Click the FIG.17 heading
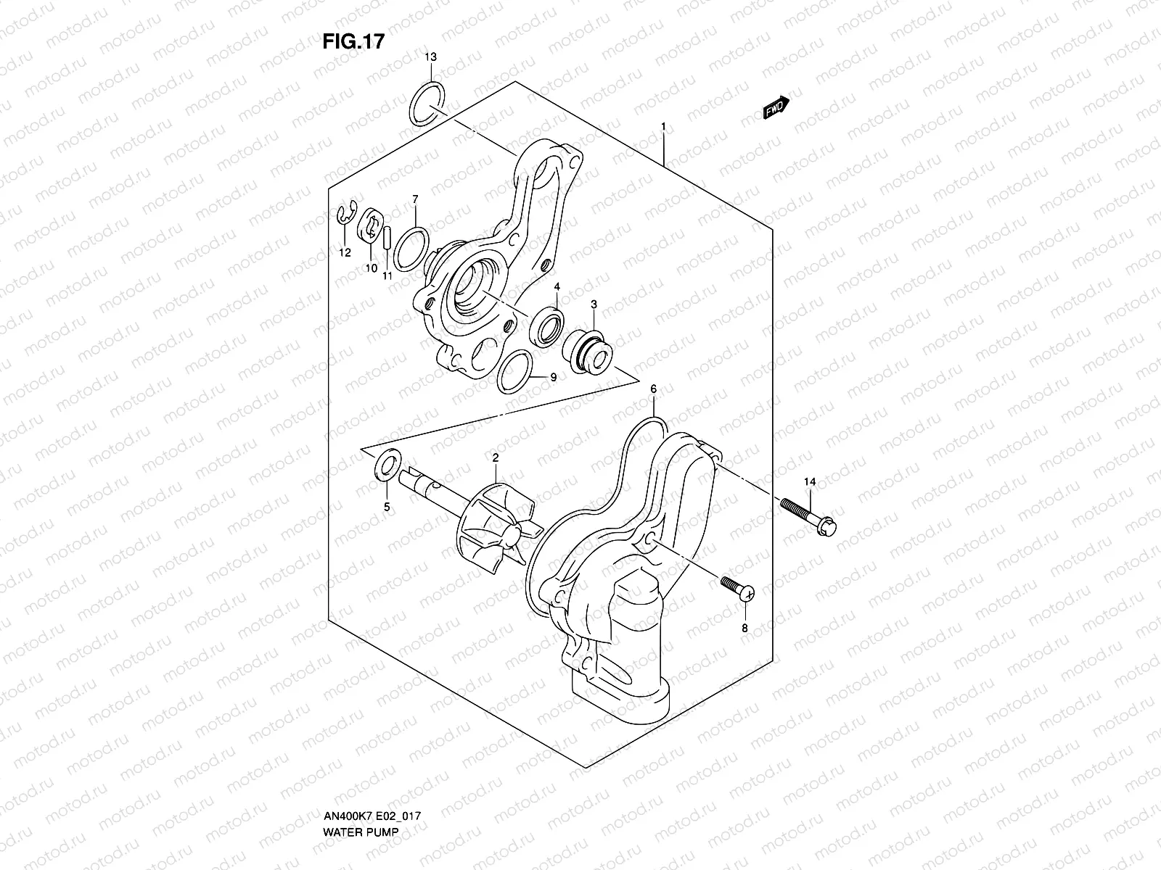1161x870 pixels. [353, 42]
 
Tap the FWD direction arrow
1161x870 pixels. [776, 107]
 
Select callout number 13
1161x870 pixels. [431, 57]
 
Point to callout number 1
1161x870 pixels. [663, 127]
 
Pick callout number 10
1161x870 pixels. [370, 268]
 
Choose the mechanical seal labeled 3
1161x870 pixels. [588, 344]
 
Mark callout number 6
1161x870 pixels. [653, 389]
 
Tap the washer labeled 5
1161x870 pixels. [387, 463]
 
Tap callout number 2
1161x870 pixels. [495, 457]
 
